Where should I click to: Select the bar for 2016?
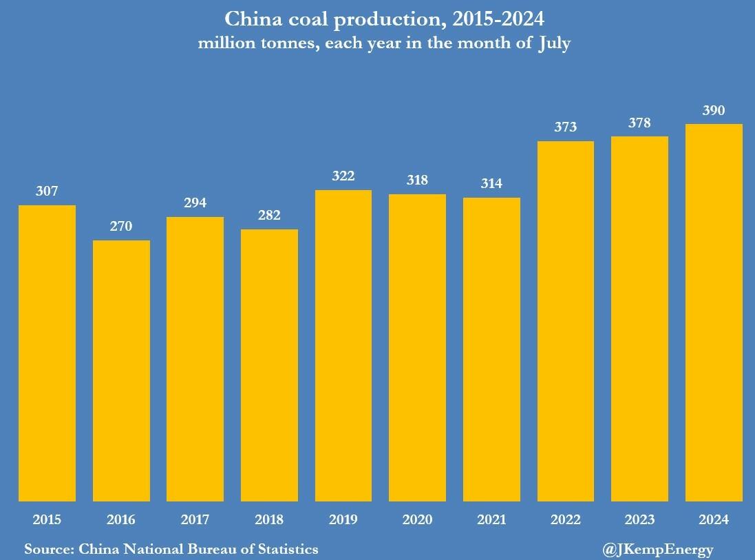pos(121,371)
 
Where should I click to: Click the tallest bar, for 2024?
pos(714,313)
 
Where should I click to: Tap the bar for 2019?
pos(343,346)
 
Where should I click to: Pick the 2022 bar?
pos(566,321)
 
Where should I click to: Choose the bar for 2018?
pos(269,365)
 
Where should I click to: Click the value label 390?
pos(714,110)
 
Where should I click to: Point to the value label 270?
pos(121,227)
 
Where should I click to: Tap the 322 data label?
pos(343,176)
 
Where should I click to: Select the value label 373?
pos(566,127)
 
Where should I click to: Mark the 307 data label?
pos(47,191)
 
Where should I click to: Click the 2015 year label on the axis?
pos(47,519)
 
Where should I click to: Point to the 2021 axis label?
pos(491,519)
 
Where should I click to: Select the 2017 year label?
pos(195,519)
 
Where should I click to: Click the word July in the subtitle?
pos(551,44)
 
